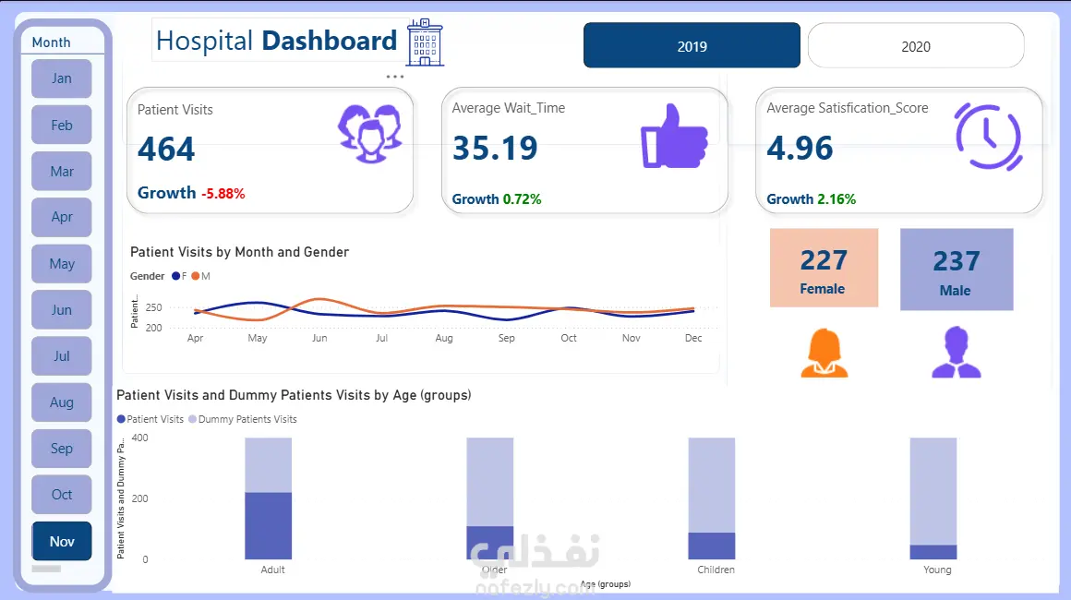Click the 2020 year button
[x=916, y=46]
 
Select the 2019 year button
[x=692, y=46]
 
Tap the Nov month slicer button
[x=62, y=542]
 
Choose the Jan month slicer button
[x=62, y=78]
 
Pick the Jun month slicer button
[x=62, y=310]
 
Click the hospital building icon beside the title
[x=425, y=42]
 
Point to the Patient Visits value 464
[x=166, y=150]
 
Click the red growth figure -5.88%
[x=223, y=194]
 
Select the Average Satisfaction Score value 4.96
[x=800, y=148]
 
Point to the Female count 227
[x=823, y=260]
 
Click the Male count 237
[x=956, y=261]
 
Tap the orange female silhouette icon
[x=824, y=354]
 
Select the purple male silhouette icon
[x=956, y=354]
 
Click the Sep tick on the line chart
[x=506, y=338]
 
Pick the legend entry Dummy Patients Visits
[x=247, y=419]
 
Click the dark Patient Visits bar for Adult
[x=268, y=525]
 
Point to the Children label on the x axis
[x=716, y=570]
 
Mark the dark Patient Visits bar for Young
[x=933, y=552]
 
